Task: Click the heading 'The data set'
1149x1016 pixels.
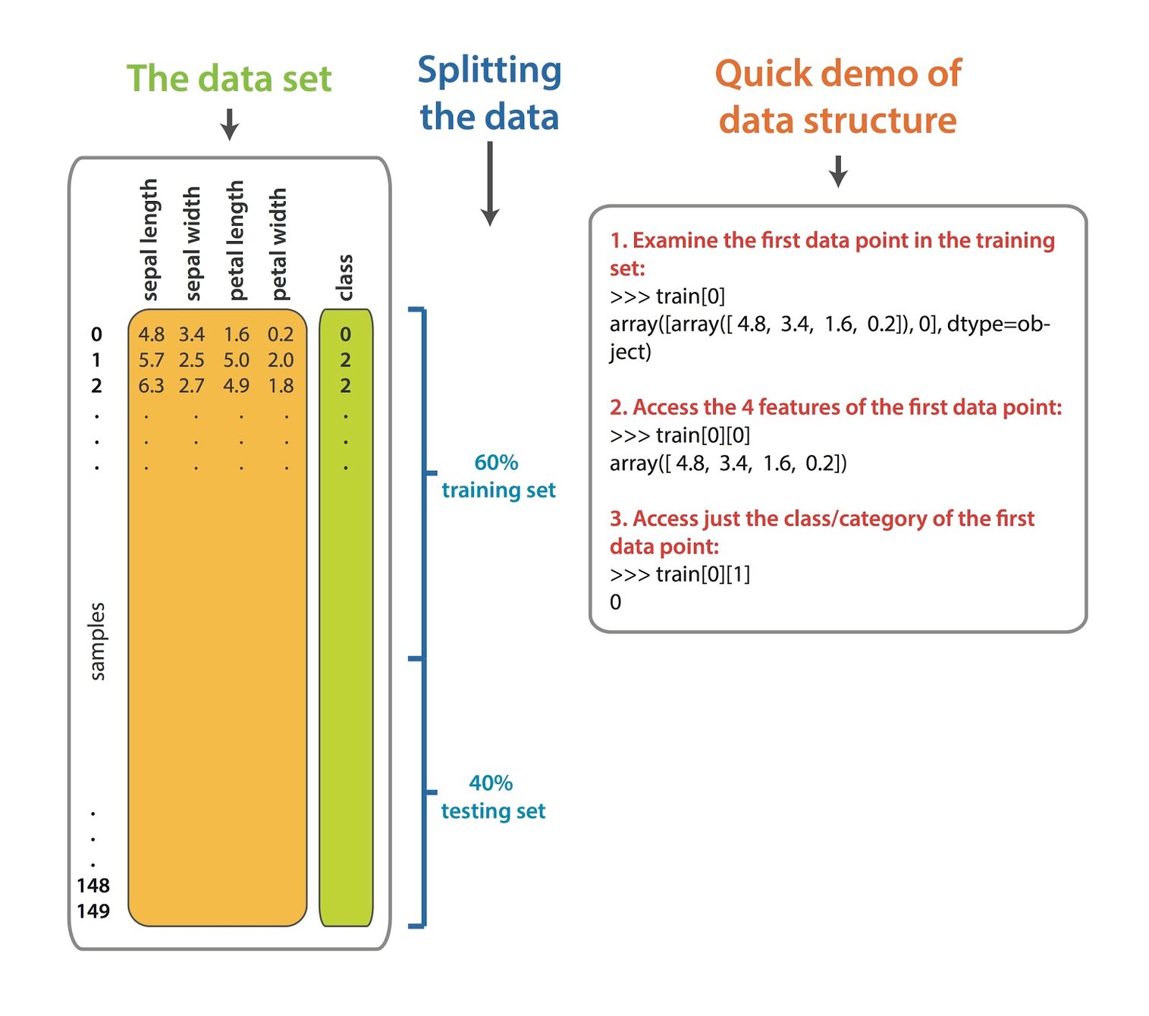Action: click(228, 78)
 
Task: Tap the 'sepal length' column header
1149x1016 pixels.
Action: click(149, 240)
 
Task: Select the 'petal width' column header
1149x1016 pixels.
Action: click(278, 244)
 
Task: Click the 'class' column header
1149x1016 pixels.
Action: click(345, 278)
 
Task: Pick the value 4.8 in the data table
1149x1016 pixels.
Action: click(152, 334)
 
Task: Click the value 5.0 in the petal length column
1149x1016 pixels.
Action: click(237, 360)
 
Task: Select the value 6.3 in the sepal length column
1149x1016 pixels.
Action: click(152, 385)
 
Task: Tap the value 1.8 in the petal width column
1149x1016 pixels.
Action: click(281, 385)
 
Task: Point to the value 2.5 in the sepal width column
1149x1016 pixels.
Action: click(192, 360)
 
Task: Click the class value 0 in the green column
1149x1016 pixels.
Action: click(345, 334)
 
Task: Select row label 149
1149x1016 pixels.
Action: click(93, 911)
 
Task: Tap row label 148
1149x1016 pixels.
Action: click(93, 886)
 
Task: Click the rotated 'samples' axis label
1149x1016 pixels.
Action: click(98, 641)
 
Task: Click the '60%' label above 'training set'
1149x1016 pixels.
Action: click(496, 463)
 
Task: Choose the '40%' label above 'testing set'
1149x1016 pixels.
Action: click(491, 783)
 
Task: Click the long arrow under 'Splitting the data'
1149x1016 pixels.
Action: click(490, 183)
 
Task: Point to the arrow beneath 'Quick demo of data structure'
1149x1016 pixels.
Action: click(838, 171)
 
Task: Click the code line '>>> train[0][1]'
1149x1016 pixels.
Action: click(680, 574)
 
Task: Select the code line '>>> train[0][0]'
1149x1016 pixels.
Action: click(680, 435)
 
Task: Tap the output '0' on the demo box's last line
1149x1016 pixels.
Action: click(615, 602)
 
